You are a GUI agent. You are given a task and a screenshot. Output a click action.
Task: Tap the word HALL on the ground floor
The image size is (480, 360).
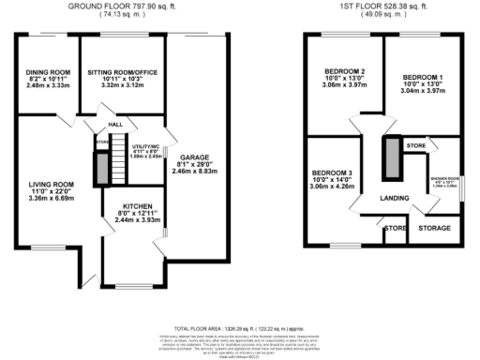click(x=115, y=123)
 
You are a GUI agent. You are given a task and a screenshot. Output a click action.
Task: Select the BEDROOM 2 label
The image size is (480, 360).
click(x=344, y=71)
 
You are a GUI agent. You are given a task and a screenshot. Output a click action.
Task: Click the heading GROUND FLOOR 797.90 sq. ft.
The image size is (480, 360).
click(x=120, y=6)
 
